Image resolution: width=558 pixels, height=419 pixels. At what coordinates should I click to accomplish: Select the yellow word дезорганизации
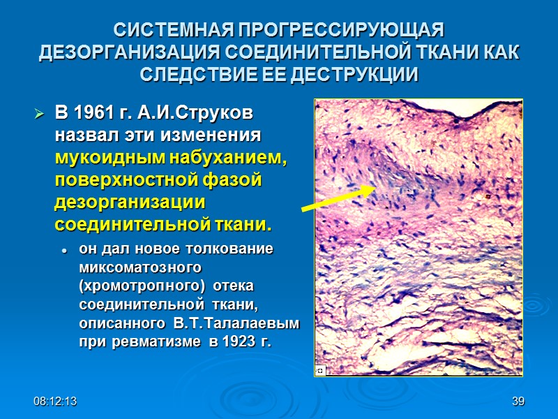(129, 203)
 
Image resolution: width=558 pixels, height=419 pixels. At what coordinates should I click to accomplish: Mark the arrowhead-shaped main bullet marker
(40, 113)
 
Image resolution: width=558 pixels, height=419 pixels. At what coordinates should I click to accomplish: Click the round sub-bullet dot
(64, 249)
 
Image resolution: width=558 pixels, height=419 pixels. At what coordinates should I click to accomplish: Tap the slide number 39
(518, 402)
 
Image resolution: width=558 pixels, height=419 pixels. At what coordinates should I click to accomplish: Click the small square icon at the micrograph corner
(319, 371)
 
